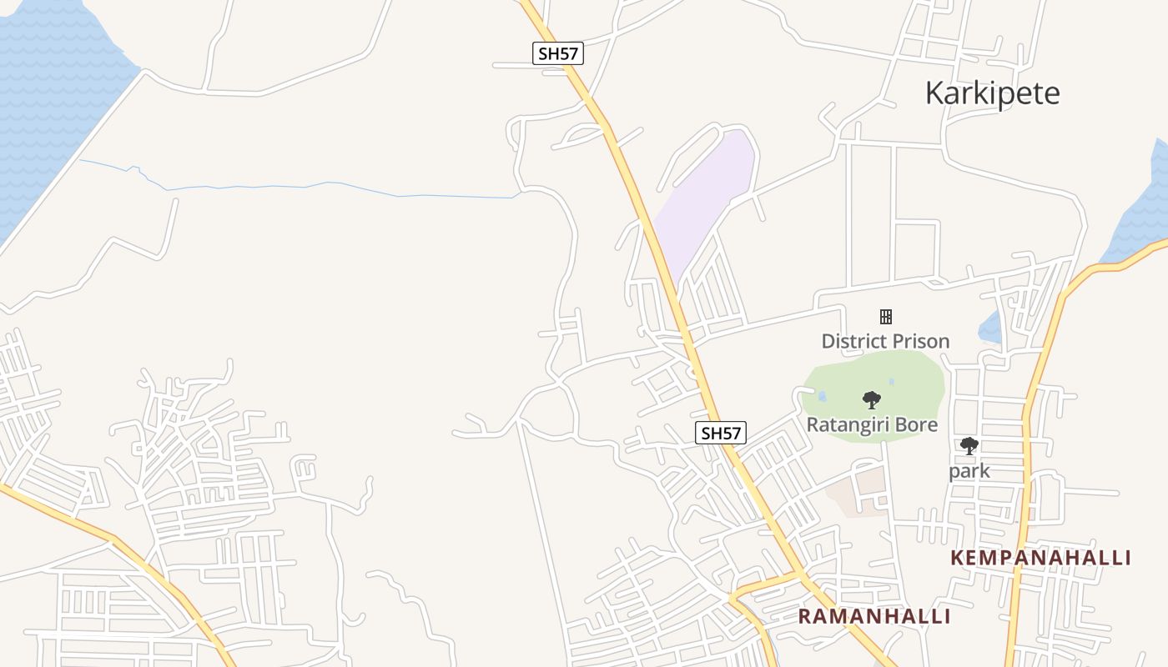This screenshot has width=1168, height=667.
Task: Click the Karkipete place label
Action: [992, 93]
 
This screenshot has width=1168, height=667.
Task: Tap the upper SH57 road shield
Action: [558, 54]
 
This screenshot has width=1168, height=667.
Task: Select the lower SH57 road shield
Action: [721, 433]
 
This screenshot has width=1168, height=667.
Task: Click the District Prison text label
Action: [885, 341]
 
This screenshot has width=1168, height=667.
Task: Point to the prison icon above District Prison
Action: [886, 316]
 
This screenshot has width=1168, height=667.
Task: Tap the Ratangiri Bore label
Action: [872, 424]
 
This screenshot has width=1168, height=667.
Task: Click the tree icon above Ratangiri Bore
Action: [872, 400]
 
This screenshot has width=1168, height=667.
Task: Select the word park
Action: [969, 471]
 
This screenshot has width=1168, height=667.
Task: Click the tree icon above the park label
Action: [969, 446]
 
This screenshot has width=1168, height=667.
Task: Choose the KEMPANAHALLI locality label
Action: [1040, 558]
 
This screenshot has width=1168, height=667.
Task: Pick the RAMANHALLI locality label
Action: [874, 616]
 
